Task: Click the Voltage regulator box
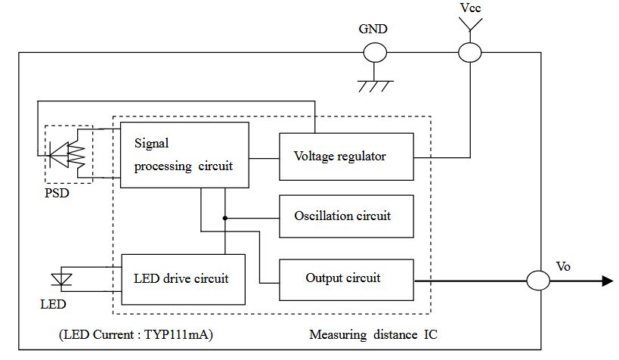[347, 157]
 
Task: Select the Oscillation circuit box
[347, 216]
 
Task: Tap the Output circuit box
[347, 278]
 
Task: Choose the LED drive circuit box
[182, 278]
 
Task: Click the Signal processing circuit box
[184, 154]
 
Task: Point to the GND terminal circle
[375, 52]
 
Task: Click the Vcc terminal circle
[469, 52]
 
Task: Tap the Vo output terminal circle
[537, 281]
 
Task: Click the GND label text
[375, 31]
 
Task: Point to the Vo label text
[564, 268]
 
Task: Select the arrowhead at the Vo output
[606, 281]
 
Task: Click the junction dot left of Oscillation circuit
[224, 218]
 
